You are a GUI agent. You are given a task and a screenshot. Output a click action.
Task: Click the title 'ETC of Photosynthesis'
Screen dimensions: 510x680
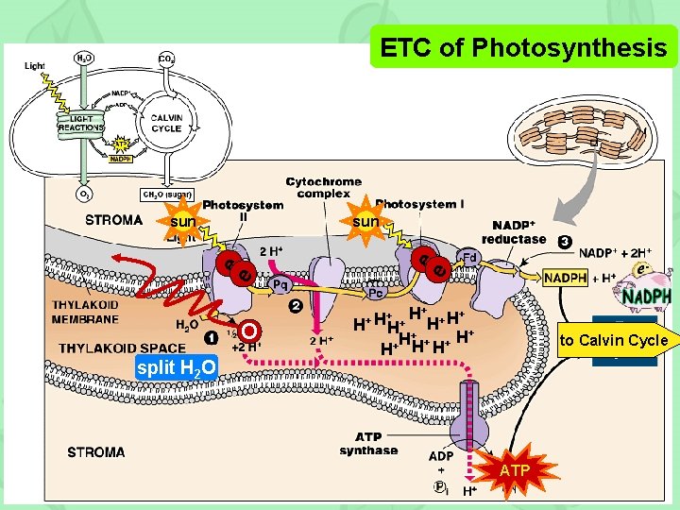[x=522, y=46]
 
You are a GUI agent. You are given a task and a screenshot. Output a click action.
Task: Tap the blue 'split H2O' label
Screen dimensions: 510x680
[x=176, y=366]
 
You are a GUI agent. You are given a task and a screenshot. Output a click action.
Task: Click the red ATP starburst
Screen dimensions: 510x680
[x=515, y=468]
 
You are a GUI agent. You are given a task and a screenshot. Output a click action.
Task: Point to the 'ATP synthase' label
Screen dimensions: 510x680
[x=369, y=444]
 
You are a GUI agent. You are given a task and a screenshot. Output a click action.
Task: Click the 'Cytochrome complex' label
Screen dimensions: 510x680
[x=323, y=188]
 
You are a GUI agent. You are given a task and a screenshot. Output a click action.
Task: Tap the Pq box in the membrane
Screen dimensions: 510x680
[x=280, y=283]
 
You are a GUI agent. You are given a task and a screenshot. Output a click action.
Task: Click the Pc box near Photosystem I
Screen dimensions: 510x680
[x=375, y=293]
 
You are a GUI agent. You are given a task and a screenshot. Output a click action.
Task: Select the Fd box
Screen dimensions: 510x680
[x=469, y=257]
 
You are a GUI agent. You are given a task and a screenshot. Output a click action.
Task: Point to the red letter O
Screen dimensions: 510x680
[x=248, y=331]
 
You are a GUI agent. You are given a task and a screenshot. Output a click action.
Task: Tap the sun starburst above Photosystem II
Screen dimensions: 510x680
[x=183, y=222]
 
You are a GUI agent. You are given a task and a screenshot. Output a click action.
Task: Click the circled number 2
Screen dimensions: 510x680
[x=296, y=307]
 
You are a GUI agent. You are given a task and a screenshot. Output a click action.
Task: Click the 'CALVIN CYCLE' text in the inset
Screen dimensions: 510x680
[x=166, y=123]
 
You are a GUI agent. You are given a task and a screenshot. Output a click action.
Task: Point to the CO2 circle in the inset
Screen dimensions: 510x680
[x=164, y=59]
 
